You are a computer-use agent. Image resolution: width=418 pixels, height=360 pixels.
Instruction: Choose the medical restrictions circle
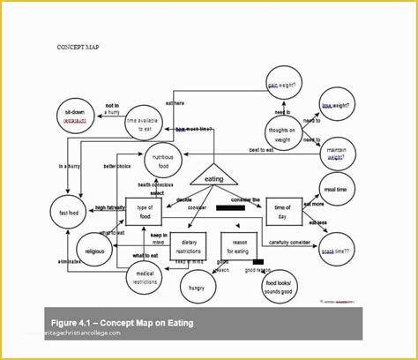[143, 280]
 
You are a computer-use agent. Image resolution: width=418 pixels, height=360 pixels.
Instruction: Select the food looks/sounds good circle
[284, 284]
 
